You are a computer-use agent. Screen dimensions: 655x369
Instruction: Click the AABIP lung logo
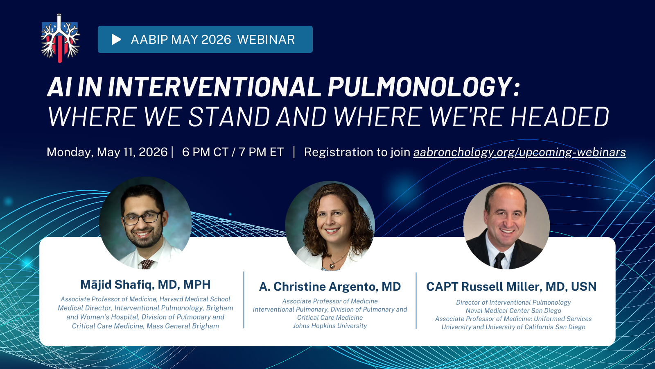click(x=60, y=39)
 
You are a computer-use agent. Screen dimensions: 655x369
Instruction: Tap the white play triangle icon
click(x=116, y=39)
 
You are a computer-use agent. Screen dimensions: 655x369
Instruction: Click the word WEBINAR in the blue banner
click(x=266, y=39)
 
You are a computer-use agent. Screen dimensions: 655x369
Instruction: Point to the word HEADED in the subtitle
click(x=560, y=116)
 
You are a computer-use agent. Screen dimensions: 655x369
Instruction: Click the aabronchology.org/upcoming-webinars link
click(x=519, y=152)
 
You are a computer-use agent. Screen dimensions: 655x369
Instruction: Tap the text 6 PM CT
click(x=205, y=152)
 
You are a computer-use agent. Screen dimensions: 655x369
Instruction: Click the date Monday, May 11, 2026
click(x=107, y=152)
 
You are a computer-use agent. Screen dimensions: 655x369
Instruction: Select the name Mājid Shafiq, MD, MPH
click(x=145, y=285)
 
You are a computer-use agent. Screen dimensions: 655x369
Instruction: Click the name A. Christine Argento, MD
click(x=330, y=287)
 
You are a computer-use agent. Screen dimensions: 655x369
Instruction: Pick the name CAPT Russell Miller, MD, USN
click(x=511, y=287)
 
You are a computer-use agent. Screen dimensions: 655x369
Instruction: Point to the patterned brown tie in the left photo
click(x=147, y=264)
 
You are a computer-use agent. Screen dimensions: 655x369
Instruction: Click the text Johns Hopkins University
click(x=330, y=326)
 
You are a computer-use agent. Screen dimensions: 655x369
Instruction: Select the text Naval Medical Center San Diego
click(x=513, y=311)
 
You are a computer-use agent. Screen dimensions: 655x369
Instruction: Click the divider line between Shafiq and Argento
click(x=244, y=300)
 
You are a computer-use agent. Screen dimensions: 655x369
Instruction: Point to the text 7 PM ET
click(x=261, y=152)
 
